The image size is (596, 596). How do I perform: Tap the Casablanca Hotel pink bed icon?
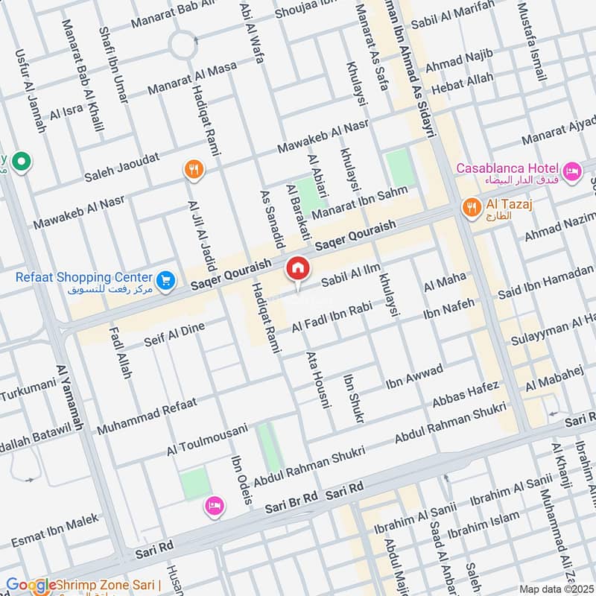(572, 172)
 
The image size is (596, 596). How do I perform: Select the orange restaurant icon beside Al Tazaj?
(470, 207)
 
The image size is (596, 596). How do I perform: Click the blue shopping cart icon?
(165, 279)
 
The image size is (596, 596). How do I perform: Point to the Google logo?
(31, 585)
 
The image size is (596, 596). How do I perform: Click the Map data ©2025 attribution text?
(555, 589)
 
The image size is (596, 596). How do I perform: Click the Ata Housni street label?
(317, 379)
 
